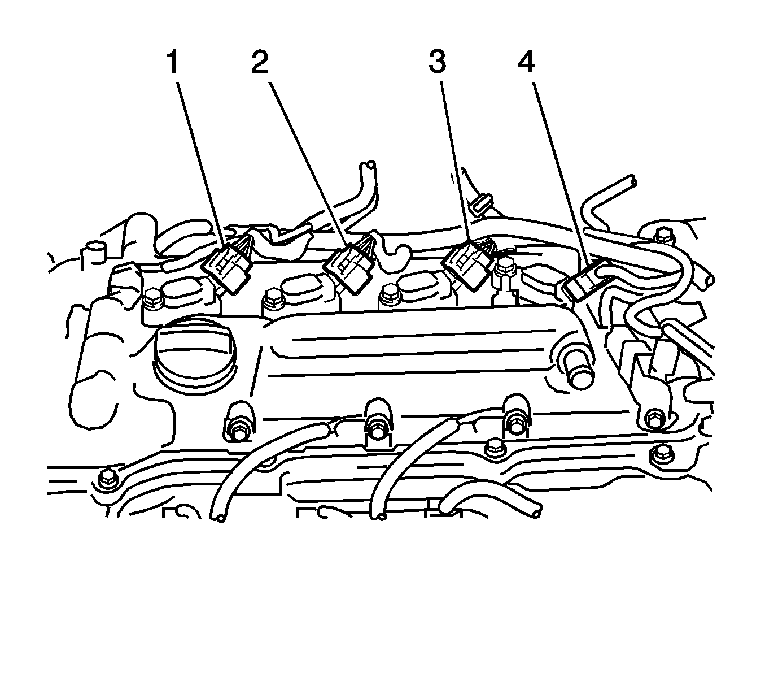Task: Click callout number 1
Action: click(x=173, y=63)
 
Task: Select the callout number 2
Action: click(x=260, y=63)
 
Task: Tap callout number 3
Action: click(x=437, y=63)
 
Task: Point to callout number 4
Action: click(x=526, y=63)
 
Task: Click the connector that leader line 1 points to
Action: click(x=226, y=268)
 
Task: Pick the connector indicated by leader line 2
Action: click(x=348, y=268)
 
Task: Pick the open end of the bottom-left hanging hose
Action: click(x=218, y=518)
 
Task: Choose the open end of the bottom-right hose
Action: click(x=536, y=514)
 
